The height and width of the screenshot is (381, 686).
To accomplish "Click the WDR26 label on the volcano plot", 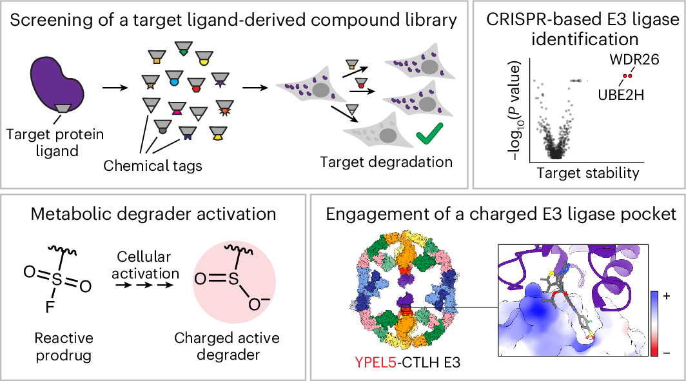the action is [634, 59].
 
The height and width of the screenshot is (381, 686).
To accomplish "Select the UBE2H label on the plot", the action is [621, 95].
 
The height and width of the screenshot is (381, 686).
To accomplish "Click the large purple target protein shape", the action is [57, 85].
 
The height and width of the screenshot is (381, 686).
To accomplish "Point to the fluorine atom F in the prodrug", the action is [50, 307].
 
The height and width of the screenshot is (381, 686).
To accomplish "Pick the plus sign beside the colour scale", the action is [667, 296].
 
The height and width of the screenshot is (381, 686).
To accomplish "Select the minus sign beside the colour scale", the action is [667, 353].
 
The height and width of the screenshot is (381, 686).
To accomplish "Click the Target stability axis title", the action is [588, 173].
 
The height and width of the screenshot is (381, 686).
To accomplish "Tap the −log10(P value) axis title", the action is [515, 111].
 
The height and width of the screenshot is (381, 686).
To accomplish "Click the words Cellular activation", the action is [145, 265].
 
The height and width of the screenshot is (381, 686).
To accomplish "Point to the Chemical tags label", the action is [153, 166].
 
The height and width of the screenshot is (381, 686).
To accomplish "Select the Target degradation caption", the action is [386, 162].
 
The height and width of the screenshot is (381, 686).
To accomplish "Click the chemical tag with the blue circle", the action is [174, 78].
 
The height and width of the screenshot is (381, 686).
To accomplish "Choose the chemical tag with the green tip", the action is [183, 48].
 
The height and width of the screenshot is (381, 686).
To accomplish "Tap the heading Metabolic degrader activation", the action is [153, 214].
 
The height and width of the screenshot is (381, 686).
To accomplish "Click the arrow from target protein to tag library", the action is [115, 88].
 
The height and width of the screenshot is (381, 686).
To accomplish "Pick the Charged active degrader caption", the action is [227, 346].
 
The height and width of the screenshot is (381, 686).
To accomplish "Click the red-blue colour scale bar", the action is [654, 323].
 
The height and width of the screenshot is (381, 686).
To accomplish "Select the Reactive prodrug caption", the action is [63, 346].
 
